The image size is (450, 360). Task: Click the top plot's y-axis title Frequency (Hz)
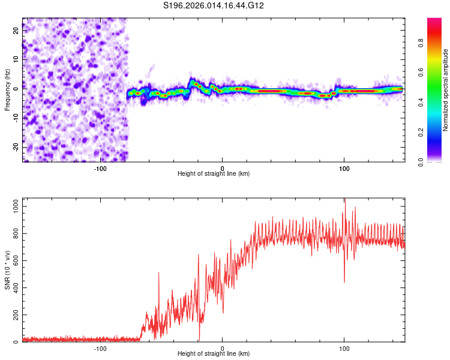click(x=8, y=90)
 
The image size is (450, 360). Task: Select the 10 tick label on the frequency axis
click(x=16, y=60)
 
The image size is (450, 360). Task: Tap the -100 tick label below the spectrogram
click(x=100, y=168)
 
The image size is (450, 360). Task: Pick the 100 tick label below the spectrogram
click(x=344, y=168)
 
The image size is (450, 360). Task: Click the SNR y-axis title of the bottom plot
click(x=8, y=271)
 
